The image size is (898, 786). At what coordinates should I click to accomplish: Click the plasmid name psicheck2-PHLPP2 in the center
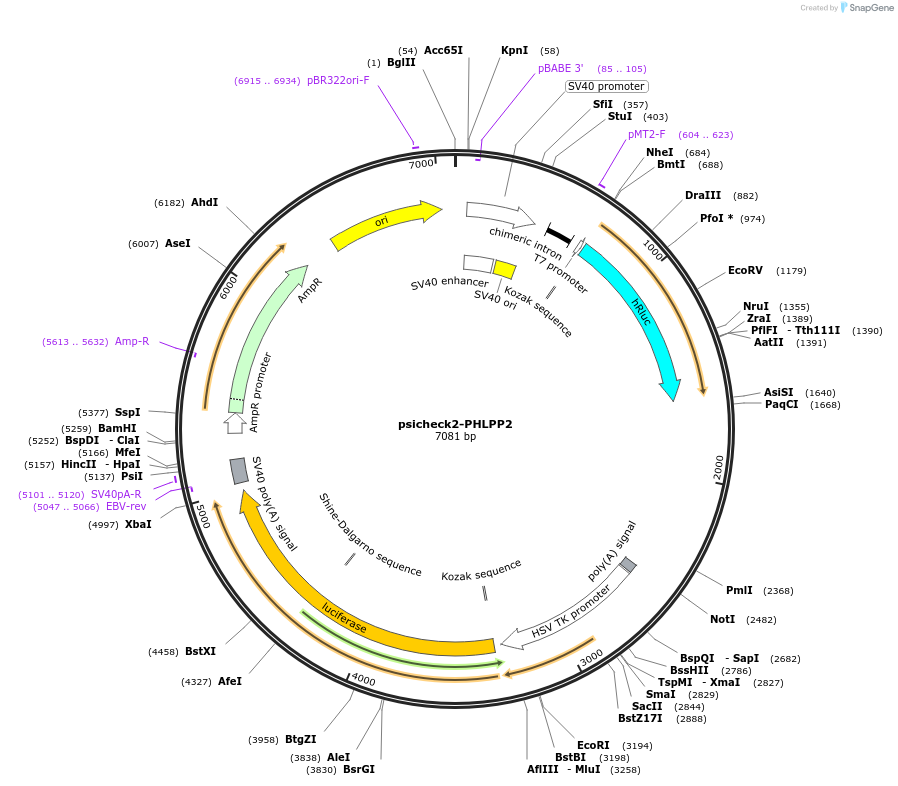tap(455, 423)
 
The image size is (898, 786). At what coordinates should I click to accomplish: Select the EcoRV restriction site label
tap(745, 270)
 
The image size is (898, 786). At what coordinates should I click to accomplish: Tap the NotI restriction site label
tap(722, 619)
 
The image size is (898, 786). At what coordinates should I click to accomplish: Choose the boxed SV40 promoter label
tap(606, 86)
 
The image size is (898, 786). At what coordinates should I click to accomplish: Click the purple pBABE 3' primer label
tap(560, 68)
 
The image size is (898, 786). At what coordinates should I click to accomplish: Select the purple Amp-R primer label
tap(132, 341)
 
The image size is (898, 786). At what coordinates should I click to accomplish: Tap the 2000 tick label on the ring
tap(718, 467)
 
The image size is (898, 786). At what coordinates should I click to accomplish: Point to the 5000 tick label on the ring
tap(203, 516)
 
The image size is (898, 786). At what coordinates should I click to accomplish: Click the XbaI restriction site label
tap(138, 524)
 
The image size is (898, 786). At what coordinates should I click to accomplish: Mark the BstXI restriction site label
tap(200, 651)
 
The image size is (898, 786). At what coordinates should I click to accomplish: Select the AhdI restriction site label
tap(204, 202)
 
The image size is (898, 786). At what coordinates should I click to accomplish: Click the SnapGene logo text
tap(867, 8)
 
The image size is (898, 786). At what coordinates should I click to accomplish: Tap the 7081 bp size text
tap(455, 437)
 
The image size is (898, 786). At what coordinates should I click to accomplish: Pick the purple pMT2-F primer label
tap(646, 134)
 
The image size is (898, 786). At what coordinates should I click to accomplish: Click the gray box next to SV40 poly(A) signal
tap(239, 470)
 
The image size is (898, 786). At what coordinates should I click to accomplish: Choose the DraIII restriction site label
tap(703, 195)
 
